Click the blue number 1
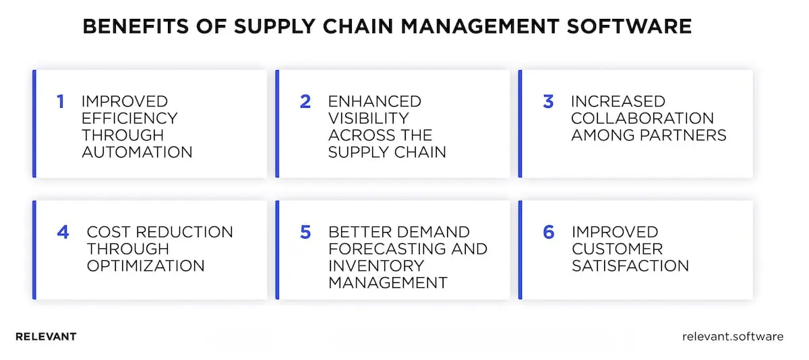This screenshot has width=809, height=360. pyautogui.click(x=60, y=102)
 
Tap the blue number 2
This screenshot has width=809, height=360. pyautogui.click(x=305, y=102)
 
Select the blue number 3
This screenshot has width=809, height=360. pyautogui.click(x=548, y=102)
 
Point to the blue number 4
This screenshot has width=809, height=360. pyautogui.click(x=63, y=233)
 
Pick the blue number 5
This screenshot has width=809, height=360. pyautogui.click(x=305, y=233)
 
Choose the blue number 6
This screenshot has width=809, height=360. pyautogui.click(x=548, y=233)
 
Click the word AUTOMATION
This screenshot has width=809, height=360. pyautogui.click(x=137, y=152)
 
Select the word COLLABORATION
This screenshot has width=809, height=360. pyautogui.click(x=642, y=119)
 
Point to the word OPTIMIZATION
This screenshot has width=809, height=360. pyautogui.click(x=145, y=266)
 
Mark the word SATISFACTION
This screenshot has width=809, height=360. pyautogui.click(x=630, y=266)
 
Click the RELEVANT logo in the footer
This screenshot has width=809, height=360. pyautogui.click(x=46, y=336)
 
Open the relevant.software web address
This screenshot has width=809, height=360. pyautogui.click(x=733, y=336)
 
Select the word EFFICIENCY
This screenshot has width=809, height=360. pyautogui.click(x=129, y=119)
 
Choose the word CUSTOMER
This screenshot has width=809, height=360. pyautogui.click(x=617, y=249)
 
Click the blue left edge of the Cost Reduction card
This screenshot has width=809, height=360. pyautogui.click(x=34, y=249)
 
